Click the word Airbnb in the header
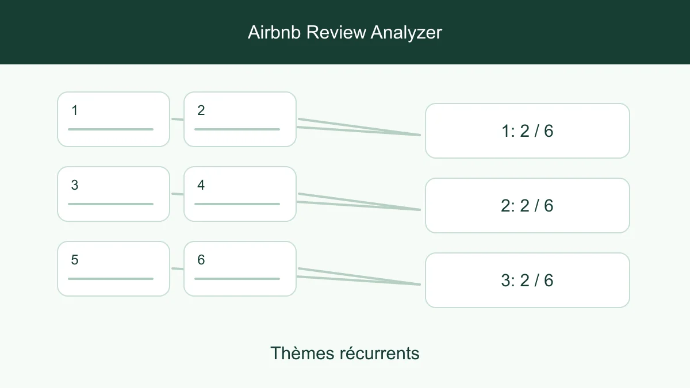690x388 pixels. [x=274, y=32]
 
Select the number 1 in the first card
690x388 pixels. [x=75, y=110]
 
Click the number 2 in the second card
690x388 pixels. [x=201, y=110]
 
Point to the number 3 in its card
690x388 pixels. [x=75, y=185]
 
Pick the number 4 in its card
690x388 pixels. [x=201, y=185]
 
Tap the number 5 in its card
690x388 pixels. [x=75, y=260]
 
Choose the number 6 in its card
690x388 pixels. [x=201, y=260]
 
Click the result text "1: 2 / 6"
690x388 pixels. [x=527, y=131]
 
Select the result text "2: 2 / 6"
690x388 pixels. [x=527, y=205]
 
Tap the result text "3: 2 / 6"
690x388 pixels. [x=527, y=281]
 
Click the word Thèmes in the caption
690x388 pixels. [x=302, y=353]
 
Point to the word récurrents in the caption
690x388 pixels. [x=379, y=353]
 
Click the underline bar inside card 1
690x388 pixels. [x=110, y=129]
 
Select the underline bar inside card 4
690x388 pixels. [x=237, y=204]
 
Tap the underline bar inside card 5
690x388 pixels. [x=110, y=279]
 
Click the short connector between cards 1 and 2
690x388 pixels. [x=177, y=119]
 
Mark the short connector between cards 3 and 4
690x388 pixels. [x=177, y=194]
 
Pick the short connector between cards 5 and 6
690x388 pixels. [x=177, y=269]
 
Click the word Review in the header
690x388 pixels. [x=336, y=32]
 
